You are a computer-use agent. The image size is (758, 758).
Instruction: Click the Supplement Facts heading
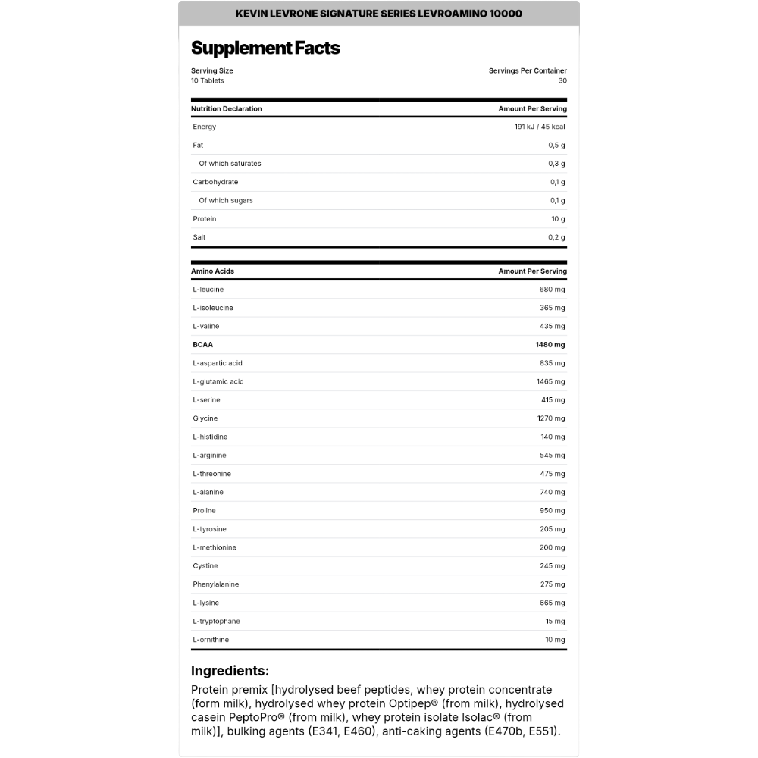coord(265,48)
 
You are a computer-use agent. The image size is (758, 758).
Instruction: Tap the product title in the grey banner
coord(379,14)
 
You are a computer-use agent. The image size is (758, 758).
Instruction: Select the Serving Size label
coord(212,70)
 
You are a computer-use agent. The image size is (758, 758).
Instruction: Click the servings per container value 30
coord(562,80)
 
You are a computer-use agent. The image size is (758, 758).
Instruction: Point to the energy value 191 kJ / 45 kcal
coord(540,127)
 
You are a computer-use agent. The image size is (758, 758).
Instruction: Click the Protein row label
coord(205,219)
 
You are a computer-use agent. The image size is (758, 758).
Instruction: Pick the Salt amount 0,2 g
coord(558,237)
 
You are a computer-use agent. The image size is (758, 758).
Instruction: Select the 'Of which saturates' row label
coord(230,164)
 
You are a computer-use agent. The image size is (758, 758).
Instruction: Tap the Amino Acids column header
coord(213,271)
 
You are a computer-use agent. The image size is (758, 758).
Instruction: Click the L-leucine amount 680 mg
coord(552,290)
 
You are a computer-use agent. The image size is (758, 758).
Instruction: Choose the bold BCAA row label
coord(202,344)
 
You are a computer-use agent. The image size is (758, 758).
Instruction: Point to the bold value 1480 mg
coord(550,344)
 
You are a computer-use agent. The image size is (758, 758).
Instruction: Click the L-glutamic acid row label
coord(218,381)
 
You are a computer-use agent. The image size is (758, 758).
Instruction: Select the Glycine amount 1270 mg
coord(550,418)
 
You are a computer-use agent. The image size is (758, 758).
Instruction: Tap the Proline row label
coord(205,511)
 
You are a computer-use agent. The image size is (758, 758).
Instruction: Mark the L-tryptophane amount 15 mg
coord(555,622)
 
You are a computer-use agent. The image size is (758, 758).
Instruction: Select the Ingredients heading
coord(230,671)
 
